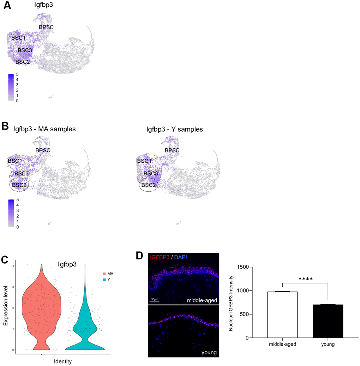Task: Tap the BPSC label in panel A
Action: coord(46,26)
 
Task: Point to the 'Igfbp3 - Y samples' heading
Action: coord(174,129)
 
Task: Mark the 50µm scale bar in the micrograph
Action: coord(154,302)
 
